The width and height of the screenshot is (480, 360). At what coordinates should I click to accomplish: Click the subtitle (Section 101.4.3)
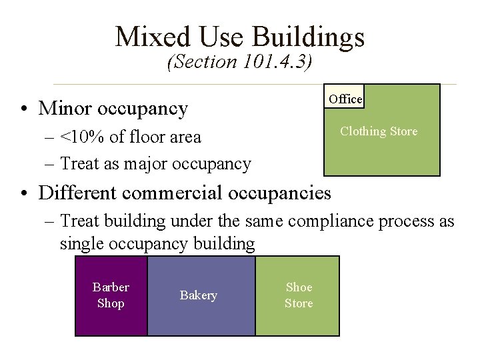240,62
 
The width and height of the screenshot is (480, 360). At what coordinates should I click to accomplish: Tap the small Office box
345,99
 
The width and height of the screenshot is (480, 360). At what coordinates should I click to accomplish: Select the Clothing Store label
379,131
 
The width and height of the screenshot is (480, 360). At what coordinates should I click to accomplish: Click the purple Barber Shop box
111,295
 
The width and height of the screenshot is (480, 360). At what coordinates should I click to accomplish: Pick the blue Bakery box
199,295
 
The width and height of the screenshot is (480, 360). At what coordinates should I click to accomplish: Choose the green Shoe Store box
298,295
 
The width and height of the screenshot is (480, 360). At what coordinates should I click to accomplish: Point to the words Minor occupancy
113,108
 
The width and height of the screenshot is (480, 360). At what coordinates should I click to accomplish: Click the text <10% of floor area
130,137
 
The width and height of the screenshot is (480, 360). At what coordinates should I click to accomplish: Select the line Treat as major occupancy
155,163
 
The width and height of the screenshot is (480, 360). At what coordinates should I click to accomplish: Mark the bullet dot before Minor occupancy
23,109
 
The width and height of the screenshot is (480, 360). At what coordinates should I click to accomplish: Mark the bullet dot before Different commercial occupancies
23,194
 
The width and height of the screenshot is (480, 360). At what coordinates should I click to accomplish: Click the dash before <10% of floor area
51,138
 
